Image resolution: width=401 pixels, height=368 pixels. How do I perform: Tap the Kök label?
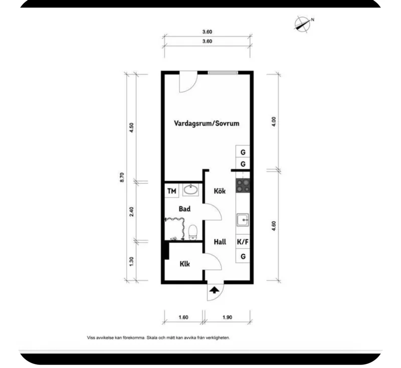click(x=219, y=191)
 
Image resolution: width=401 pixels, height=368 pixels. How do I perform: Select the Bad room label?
click(x=184, y=209)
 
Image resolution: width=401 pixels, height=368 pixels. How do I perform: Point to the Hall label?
click(x=220, y=242)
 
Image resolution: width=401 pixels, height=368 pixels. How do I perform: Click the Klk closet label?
click(x=184, y=264)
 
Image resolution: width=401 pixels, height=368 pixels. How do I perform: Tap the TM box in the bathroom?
click(x=171, y=191)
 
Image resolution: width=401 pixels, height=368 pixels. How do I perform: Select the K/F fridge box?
click(x=243, y=242)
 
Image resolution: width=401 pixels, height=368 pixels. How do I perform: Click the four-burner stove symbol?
click(x=243, y=186)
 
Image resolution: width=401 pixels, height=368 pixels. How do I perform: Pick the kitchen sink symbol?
click(x=243, y=220)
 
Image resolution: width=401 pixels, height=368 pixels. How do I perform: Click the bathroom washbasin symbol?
click(x=190, y=190)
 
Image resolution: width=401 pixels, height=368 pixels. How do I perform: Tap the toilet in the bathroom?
click(x=193, y=232)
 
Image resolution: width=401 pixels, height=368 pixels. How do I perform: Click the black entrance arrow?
click(x=214, y=289)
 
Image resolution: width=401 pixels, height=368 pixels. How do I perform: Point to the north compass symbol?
click(x=302, y=23)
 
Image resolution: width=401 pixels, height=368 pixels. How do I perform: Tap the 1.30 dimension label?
click(x=131, y=262)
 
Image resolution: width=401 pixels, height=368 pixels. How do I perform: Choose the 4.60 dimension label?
click(x=274, y=225)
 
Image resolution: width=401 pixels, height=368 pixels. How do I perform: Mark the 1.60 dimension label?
click(x=183, y=317)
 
